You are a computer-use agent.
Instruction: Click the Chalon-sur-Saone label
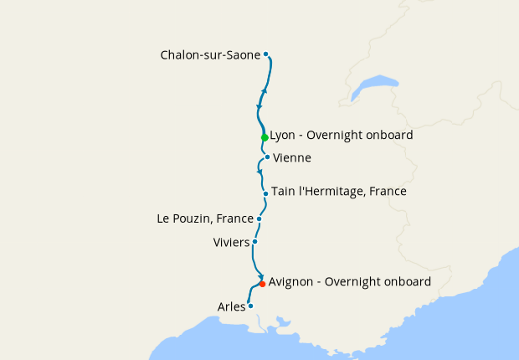210,55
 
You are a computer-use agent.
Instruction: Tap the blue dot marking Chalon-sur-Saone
266,54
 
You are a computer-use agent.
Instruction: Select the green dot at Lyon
265,137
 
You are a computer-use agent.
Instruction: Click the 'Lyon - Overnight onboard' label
341,135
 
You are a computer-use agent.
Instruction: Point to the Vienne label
292,157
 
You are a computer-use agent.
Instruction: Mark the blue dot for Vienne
267,157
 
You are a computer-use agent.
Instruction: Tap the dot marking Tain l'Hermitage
265,193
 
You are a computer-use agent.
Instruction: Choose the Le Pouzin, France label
205,219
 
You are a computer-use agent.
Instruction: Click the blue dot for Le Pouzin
259,219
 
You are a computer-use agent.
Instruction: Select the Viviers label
232,242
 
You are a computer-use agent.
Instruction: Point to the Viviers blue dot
254,241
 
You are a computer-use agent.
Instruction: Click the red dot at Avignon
262,284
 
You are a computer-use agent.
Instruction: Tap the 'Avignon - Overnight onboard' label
350,282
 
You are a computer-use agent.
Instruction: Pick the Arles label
231,306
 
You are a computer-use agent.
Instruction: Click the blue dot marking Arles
250,306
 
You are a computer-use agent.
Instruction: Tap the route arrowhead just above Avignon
261,276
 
